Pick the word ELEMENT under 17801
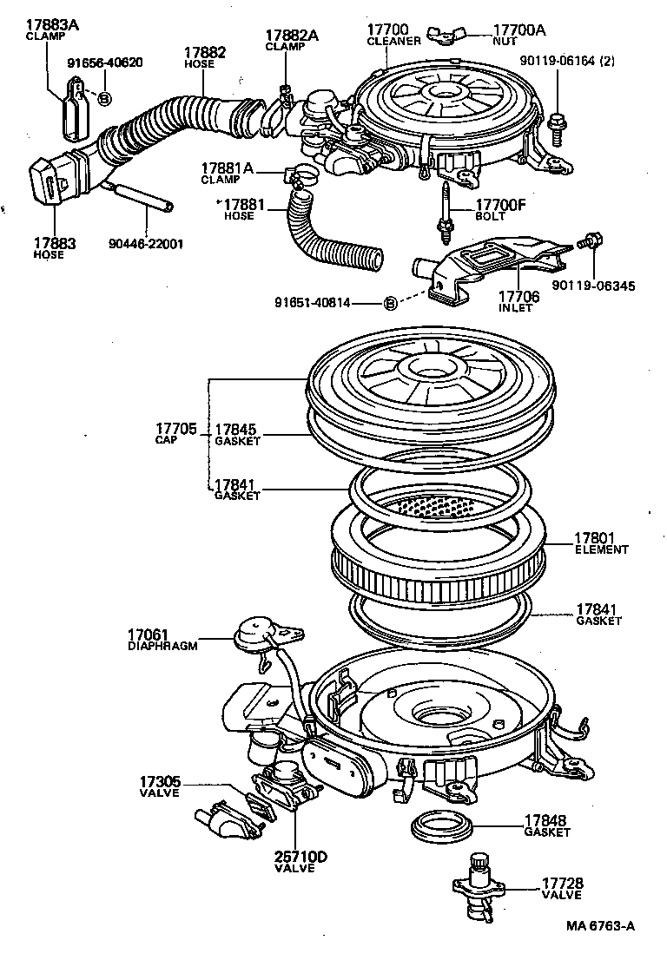tap(601, 549)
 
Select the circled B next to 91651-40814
tap(390, 303)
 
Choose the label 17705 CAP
tap(176, 433)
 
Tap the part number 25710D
tap(300, 857)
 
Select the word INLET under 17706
tap(516, 307)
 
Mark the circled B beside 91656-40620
tap(102, 98)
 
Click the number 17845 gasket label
tap(236, 429)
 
